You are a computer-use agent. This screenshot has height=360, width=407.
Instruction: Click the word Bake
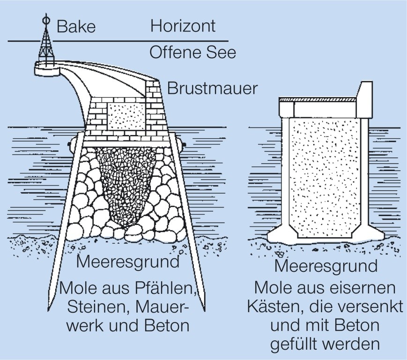tap(76, 27)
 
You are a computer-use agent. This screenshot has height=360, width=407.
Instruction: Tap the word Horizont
tap(183, 26)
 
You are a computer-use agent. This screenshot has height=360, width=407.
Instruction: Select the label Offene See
tap(192, 52)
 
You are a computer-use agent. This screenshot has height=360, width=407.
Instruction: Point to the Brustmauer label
tap(212, 88)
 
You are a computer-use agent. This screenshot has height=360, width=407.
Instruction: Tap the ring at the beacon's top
tap(46, 20)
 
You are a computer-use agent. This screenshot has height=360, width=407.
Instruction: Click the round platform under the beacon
tap(47, 69)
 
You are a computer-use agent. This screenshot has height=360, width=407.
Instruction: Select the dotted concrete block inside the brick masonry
tap(126, 116)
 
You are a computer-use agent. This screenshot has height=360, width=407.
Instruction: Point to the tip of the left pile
tap(48, 311)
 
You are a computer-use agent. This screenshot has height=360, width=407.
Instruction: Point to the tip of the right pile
tap(205, 310)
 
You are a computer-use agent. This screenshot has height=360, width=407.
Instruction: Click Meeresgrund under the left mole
tap(128, 262)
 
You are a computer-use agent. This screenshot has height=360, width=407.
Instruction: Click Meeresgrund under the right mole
tap(326, 266)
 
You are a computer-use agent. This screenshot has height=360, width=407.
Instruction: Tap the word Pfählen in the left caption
tap(165, 288)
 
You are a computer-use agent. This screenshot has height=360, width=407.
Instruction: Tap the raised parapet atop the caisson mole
tap(365, 99)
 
